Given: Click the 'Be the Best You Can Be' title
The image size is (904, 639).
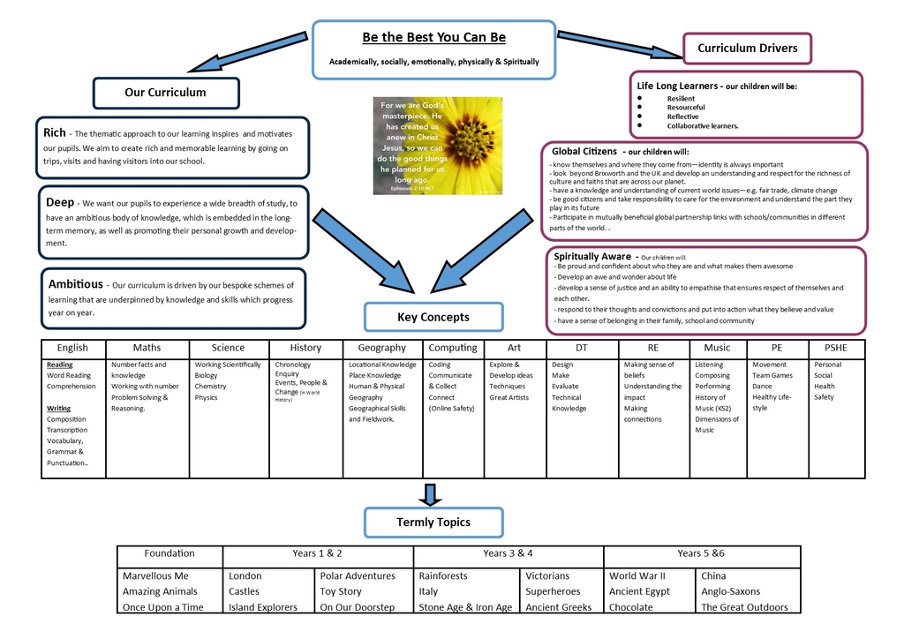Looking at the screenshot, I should (x=433, y=38).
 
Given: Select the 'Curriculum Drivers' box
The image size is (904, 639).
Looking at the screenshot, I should (x=747, y=48).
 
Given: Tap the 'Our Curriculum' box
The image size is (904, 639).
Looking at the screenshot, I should (x=165, y=93).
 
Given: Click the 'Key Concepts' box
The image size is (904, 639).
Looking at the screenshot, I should (x=433, y=317).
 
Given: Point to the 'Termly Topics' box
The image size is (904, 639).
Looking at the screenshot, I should (x=433, y=522).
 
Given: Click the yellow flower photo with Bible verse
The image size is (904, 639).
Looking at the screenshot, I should (x=437, y=146).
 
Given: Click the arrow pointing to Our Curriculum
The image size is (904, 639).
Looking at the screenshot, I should (x=246, y=54).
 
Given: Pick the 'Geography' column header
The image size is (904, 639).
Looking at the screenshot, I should (x=382, y=348).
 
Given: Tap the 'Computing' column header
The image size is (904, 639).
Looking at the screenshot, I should (x=453, y=348).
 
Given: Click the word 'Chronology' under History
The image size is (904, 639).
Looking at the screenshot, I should (x=293, y=365).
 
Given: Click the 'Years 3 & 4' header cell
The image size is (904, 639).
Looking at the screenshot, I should (x=508, y=553).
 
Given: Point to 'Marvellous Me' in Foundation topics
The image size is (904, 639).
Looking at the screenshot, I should (x=155, y=575).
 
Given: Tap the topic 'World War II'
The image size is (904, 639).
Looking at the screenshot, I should (x=637, y=575).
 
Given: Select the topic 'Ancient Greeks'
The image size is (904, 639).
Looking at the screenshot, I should (x=559, y=607).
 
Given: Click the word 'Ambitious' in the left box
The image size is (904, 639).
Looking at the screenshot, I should (x=75, y=284).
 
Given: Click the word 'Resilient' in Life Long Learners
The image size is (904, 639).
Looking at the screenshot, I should (x=681, y=99).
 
